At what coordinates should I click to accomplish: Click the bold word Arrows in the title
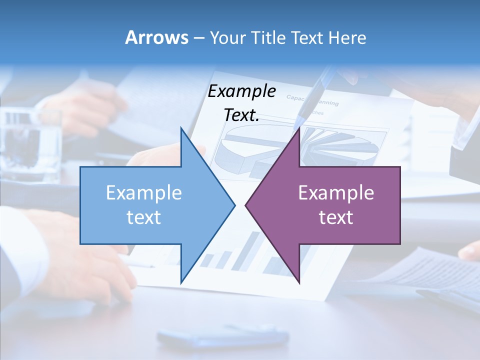point(157,37)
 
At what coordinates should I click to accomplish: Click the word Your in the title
point(227,37)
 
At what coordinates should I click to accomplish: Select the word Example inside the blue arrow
point(144,193)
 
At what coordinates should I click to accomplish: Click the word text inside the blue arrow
point(144,217)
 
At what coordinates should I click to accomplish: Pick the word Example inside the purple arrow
point(336,193)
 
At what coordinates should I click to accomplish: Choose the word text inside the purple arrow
point(336,217)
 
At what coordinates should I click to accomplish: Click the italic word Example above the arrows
point(241,91)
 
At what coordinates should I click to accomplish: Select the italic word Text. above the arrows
point(241,115)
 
